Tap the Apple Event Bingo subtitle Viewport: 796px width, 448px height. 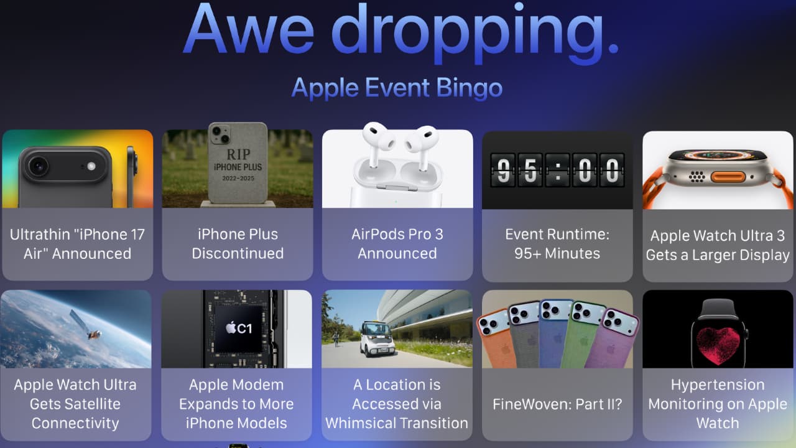click(x=397, y=88)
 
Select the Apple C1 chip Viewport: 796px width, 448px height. click(x=236, y=328)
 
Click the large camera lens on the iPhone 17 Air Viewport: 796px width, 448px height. click(x=38, y=166)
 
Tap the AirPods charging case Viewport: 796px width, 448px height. click(x=397, y=180)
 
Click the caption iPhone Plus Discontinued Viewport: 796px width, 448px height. click(x=238, y=244)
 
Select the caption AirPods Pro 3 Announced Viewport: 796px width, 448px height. click(x=397, y=244)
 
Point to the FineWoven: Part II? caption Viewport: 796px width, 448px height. click(x=557, y=404)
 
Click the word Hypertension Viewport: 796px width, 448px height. click(x=718, y=385)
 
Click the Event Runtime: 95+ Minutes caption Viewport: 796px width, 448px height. click(x=557, y=244)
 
